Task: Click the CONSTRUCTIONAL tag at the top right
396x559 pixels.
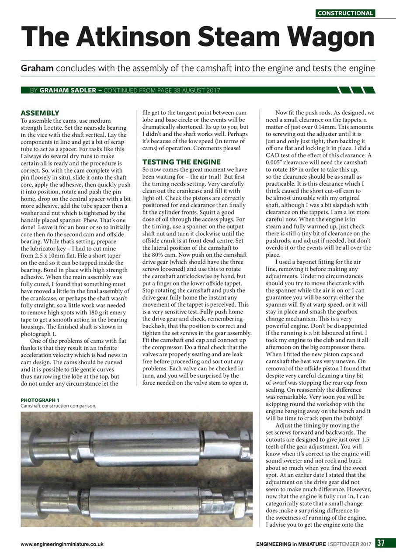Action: coord(345,13)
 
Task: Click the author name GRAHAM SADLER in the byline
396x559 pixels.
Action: coord(69,90)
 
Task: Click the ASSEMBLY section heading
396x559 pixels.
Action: coord(40,113)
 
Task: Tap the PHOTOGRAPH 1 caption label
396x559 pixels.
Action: coord(40,400)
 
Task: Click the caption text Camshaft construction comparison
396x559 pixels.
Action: coord(58,405)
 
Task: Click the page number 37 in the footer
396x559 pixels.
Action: coord(381,544)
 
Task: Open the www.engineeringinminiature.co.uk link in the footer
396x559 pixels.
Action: coord(62,544)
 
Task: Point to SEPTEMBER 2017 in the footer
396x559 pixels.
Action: coord(351,544)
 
